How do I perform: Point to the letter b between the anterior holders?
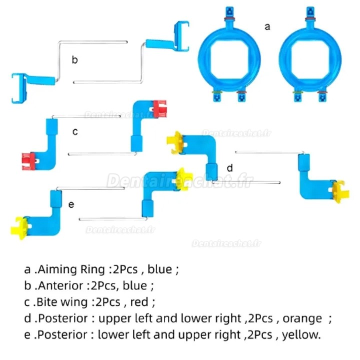74,60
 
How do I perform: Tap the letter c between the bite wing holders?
75,132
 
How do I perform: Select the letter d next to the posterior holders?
229,168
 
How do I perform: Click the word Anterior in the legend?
61,286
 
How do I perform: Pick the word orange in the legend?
303,318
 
